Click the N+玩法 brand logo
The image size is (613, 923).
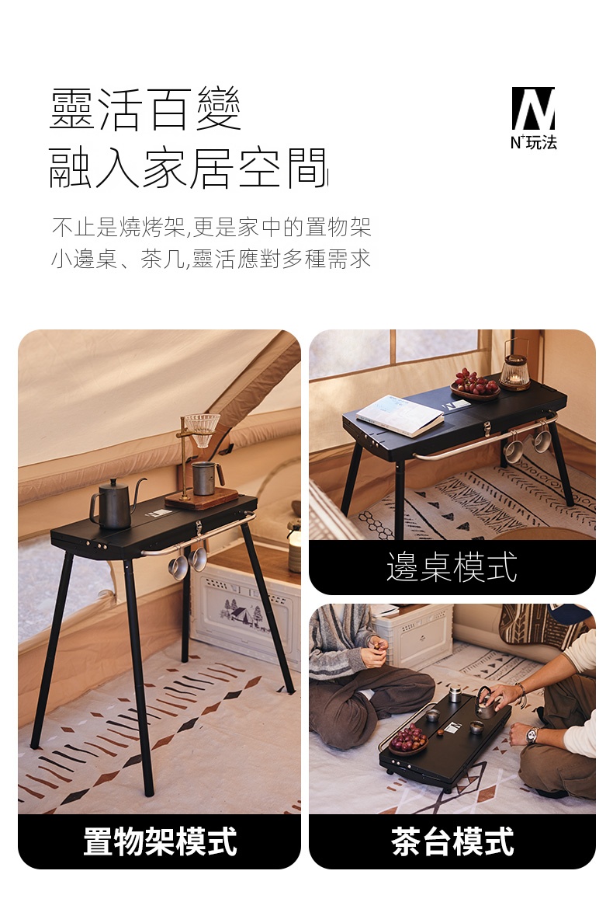click(533, 118)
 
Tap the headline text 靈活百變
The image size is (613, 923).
click(145, 109)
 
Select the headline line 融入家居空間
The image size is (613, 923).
click(188, 169)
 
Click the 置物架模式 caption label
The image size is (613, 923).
click(160, 841)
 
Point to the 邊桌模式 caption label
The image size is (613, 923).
click(452, 567)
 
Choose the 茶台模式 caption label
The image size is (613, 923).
click(452, 841)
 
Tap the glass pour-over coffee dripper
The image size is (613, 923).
click(202, 429)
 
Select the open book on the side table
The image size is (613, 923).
click(400, 415)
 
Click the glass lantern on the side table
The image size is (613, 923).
click(515, 366)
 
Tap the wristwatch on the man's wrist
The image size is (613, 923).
click(532, 735)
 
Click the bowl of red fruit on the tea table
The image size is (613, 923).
click(408, 740)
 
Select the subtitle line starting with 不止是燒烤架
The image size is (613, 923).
click(212, 227)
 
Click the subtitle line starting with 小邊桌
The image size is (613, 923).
click(212, 259)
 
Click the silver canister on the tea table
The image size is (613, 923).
click(455, 694)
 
